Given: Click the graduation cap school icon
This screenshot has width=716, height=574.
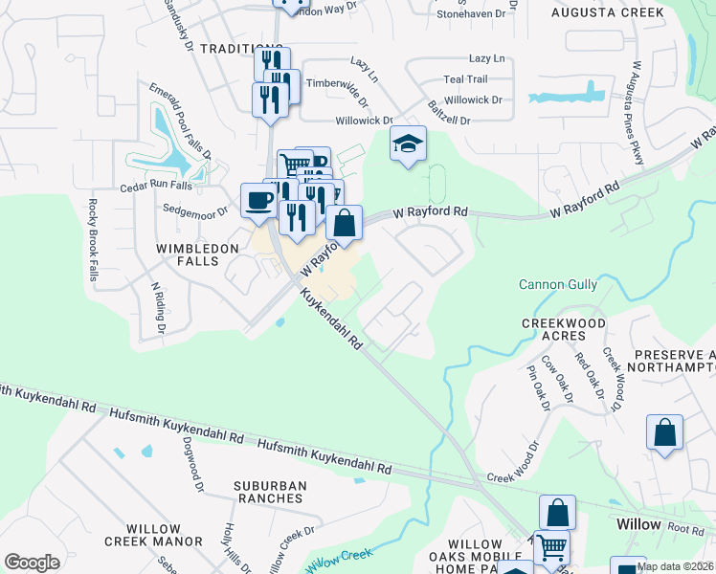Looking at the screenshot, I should pyautogui.click(x=409, y=144).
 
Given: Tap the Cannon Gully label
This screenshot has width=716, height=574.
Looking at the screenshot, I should pyautogui.click(x=558, y=284).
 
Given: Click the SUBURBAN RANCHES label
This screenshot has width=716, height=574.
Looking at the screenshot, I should pyautogui.click(x=271, y=494).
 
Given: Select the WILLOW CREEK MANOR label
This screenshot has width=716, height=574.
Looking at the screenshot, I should pyautogui.click(x=153, y=536).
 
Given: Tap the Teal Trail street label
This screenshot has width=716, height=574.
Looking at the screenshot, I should pyautogui.click(x=465, y=79).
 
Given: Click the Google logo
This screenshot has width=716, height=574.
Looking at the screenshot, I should pyautogui.click(x=32, y=562).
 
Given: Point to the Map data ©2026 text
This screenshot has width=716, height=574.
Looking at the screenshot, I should pyautogui.click(x=675, y=566).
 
